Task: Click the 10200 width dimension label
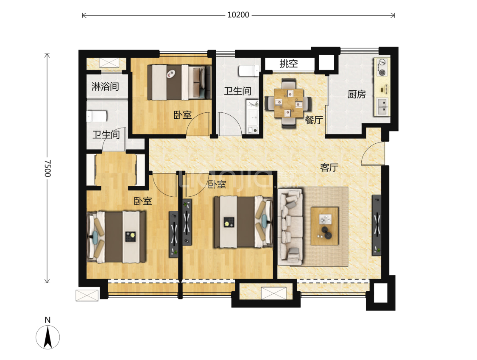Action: coord(238,15)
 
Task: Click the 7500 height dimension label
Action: coord(47,168)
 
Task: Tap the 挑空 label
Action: coord(288,64)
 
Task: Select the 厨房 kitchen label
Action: coord(357,94)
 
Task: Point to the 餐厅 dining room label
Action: coord(314,120)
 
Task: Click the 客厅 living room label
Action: coord(329,167)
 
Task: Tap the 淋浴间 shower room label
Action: coord(105,87)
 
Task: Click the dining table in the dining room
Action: coord(288,103)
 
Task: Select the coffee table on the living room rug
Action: coord(325,226)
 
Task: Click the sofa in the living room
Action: coord(290,227)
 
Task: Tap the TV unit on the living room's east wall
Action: coord(377,225)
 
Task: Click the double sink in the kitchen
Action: coord(382,106)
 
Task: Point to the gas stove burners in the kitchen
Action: coord(381,67)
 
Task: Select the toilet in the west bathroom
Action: coord(97,116)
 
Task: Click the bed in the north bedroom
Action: coord(179,82)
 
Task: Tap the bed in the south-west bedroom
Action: coord(116,237)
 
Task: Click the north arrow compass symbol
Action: coord(48,337)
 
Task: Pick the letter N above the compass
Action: coord(47,320)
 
